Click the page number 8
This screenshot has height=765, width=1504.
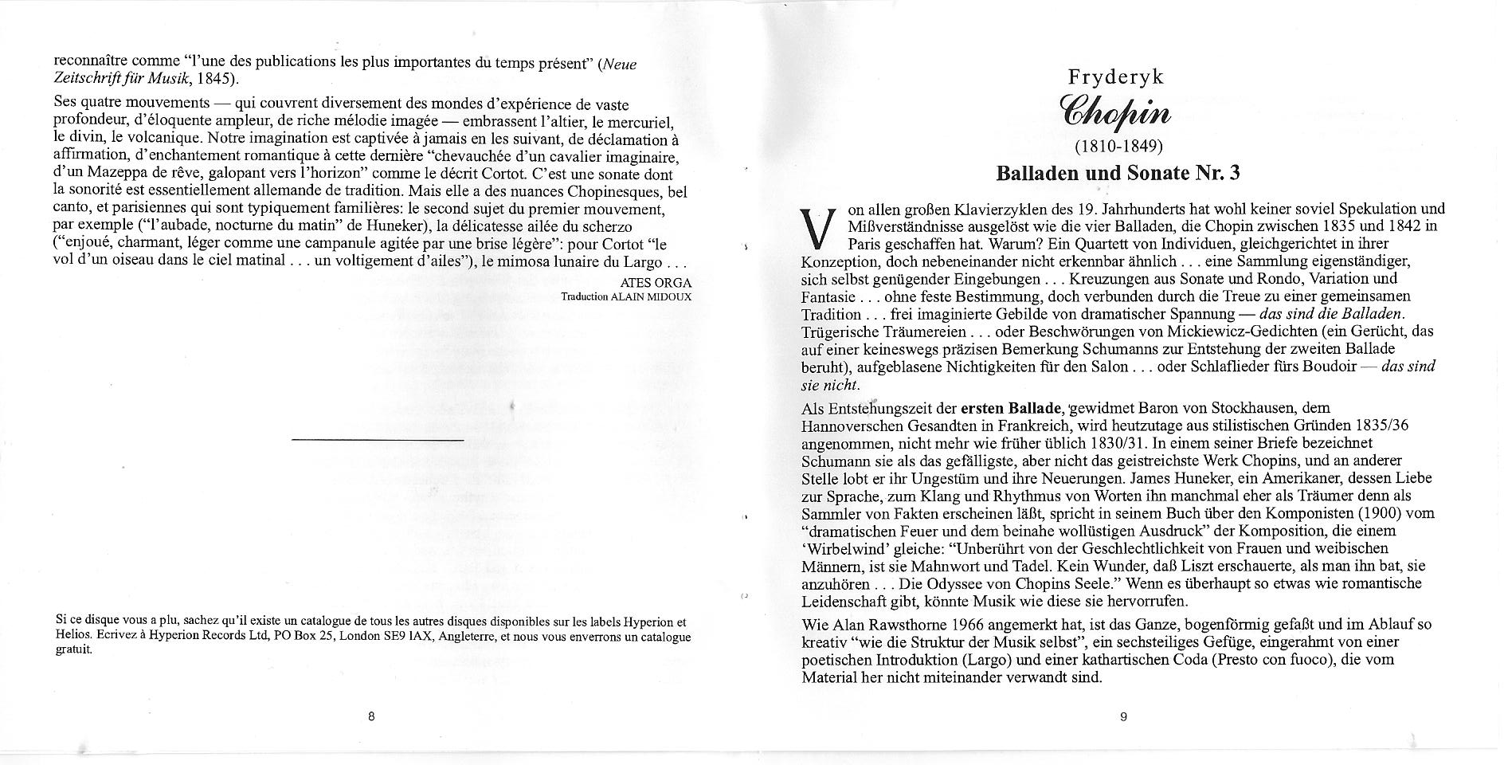click(x=371, y=716)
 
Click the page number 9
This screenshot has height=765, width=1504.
click(x=1123, y=716)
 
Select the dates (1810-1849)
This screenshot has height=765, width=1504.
click(x=1119, y=147)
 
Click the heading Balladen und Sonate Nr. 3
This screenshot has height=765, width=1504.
click(x=1118, y=172)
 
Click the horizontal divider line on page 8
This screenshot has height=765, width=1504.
click(x=378, y=439)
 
